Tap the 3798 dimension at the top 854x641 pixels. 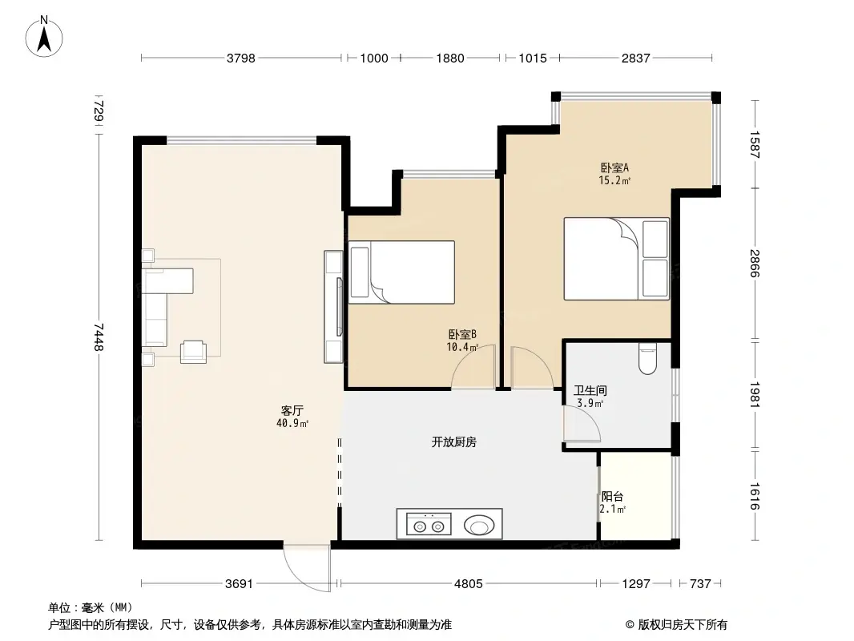click(241, 58)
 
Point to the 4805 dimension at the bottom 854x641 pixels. click(468, 584)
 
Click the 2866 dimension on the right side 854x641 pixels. click(754, 264)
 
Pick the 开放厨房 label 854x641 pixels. click(453, 441)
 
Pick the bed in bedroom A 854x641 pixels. click(615, 259)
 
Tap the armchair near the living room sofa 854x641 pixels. click(194, 351)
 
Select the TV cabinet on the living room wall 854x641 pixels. click(333, 306)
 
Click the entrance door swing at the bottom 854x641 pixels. click(307, 566)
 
